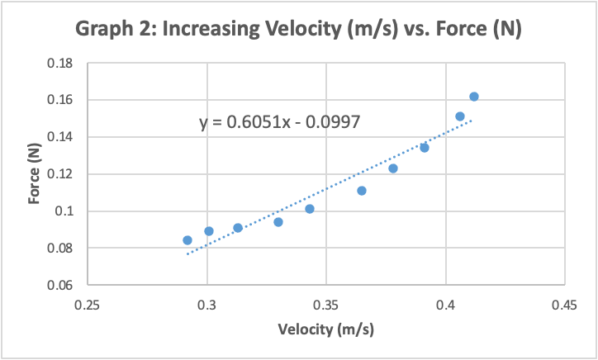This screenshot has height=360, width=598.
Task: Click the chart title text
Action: tap(299, 30)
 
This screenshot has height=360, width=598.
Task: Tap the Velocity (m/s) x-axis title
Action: tap(326, 329)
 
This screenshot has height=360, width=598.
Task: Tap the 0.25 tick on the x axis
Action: tap(88, 304)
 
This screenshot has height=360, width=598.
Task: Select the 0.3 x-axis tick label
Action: tap(207, 304)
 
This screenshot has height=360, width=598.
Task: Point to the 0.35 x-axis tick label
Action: tap(326, 304)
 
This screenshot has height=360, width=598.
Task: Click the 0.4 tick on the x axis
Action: tap(446, 304)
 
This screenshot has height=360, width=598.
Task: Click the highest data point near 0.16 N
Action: tap(474, 97)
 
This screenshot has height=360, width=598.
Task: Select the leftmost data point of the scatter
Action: tap(187, 240)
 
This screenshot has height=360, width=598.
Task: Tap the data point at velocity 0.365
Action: tap(362, 191)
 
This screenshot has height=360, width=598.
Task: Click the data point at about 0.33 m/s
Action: tap(278, 222)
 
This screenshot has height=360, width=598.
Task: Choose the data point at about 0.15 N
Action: tap(460, 116)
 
